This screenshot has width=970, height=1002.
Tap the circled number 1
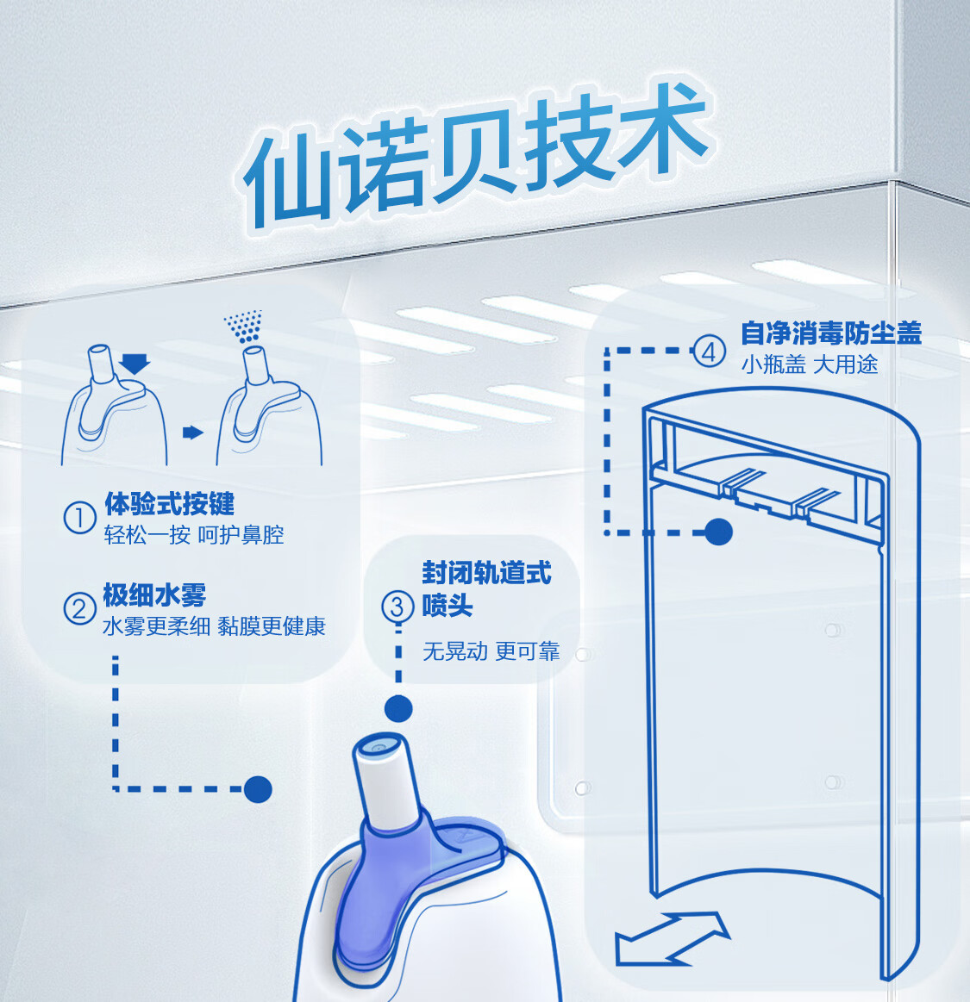click(79, 519)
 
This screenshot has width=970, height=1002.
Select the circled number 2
click(79, 609)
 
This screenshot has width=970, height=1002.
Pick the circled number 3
click(397, 606)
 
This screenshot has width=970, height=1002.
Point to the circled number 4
click(709, 352)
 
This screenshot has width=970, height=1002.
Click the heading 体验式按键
click(169, 504)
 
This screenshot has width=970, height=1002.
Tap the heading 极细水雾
click(154, 594)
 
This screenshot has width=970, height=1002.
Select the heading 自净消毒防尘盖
click(831, 333)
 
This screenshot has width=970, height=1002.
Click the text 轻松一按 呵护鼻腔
click(194, 535)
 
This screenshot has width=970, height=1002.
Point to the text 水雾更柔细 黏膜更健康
click(214, 626)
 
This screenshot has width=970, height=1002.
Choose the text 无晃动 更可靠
click(491, 651)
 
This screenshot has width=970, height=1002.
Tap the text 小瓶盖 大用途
click(809, 364)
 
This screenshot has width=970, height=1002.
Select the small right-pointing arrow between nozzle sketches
click(193, 433)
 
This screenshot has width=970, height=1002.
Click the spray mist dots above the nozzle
click(245, 327)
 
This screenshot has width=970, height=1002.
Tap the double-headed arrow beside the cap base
click(672, 938)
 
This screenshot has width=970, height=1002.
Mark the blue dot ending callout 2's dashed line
click(258, 788)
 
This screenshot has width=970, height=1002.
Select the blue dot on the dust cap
click(718, 532)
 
